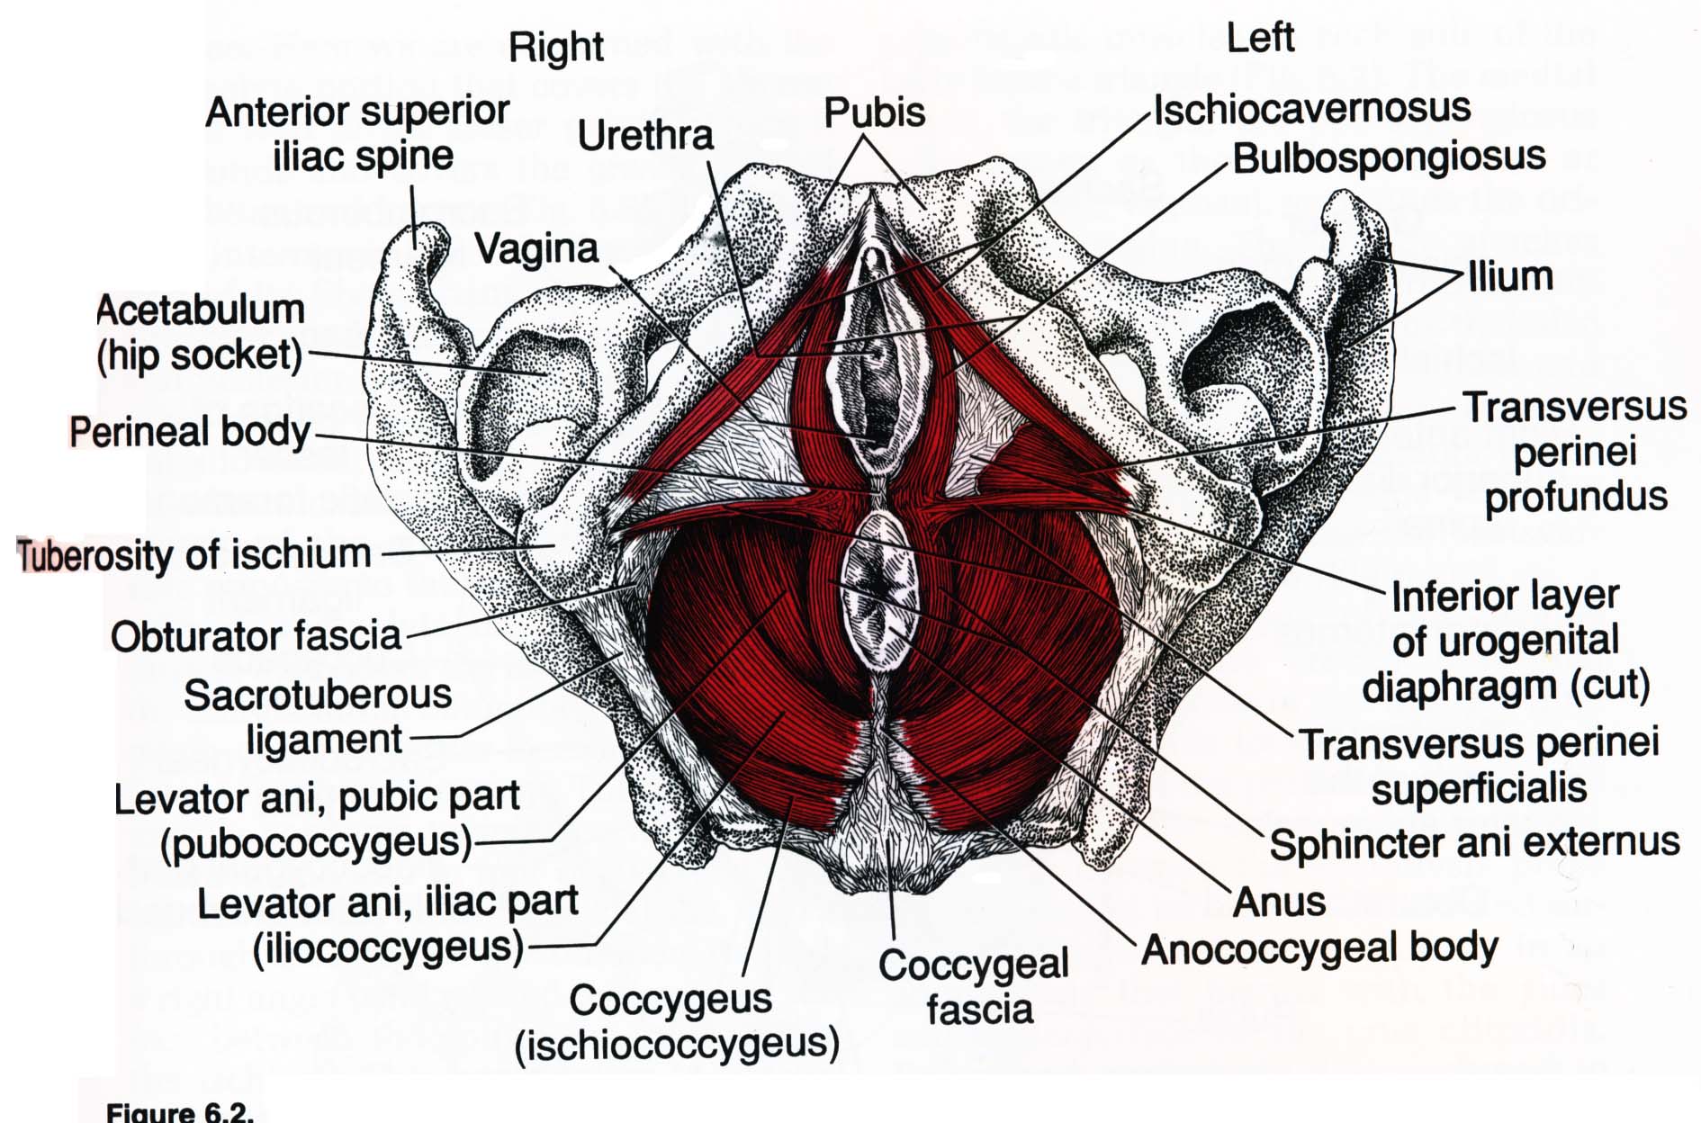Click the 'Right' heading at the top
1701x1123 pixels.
[555, 48]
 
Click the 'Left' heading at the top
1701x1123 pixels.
[1260, 38]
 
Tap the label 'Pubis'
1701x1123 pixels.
[874, 113]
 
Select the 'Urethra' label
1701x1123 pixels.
[645, 136]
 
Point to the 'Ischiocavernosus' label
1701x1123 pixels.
[1312, 110]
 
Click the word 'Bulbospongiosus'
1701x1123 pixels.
[1389, 158]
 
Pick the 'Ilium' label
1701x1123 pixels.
[1510, 276]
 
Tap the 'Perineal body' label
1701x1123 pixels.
[190, 432]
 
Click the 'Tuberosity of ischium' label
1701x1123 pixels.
[193, 554]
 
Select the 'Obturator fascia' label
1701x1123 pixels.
[256, 636]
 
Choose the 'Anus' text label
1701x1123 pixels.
[1279, 902]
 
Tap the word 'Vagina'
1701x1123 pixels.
[536, 249]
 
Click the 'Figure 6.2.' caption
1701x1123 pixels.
[180, 1112]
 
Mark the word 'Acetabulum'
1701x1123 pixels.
[201, 310]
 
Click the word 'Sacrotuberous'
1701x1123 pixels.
[318, 695]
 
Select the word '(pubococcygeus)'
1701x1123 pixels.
[316, 843]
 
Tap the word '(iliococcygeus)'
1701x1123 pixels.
[388, 948]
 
